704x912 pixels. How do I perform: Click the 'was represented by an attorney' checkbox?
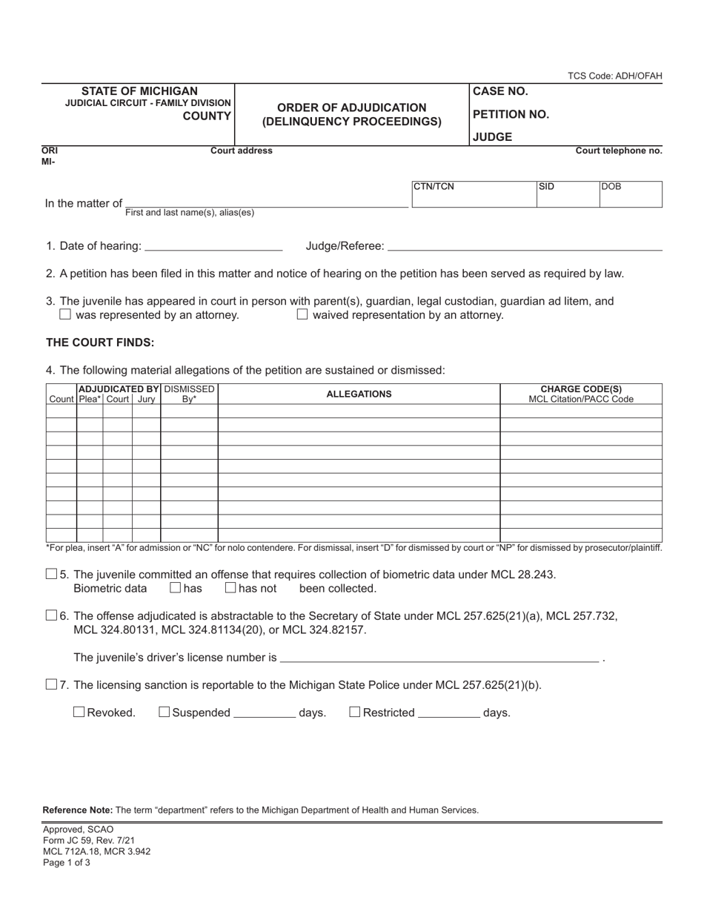[65, 314]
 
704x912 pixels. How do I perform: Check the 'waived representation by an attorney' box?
[302, 314]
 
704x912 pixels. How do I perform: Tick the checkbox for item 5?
[51, 574]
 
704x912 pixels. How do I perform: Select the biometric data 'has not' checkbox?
[230, 588]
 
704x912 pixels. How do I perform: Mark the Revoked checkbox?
[79, 713]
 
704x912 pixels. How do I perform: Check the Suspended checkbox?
[165, 713]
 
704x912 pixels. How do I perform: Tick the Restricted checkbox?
[355, 713]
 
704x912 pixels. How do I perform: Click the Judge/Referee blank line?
[525, 247]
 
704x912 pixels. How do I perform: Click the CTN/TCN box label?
[434, 187]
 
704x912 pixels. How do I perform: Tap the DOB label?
[611, 187]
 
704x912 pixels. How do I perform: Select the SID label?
[546, 187]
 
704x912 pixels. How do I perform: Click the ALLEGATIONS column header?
[359, 394]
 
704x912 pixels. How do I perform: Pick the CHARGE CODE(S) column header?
[581, 389]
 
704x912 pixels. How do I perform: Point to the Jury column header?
[146, 399]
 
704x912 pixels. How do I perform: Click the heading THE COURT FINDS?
[100, 343]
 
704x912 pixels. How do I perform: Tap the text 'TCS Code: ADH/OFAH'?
[614, 76]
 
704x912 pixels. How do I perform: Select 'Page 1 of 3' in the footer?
[67, 862]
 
